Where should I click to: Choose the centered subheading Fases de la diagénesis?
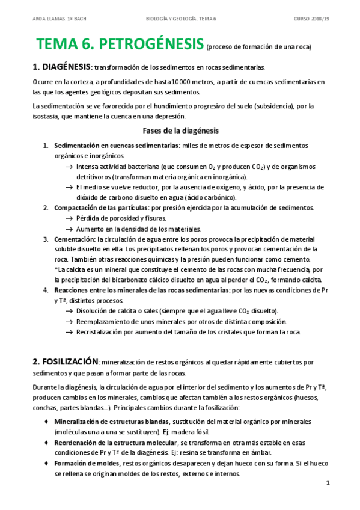180,131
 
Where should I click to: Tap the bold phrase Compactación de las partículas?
102,207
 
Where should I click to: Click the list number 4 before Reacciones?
46,290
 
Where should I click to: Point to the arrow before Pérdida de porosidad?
69,218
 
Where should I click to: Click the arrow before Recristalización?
69,332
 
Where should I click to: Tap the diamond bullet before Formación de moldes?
46,463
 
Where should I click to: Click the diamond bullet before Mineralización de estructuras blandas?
46,421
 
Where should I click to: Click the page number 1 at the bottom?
328,483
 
